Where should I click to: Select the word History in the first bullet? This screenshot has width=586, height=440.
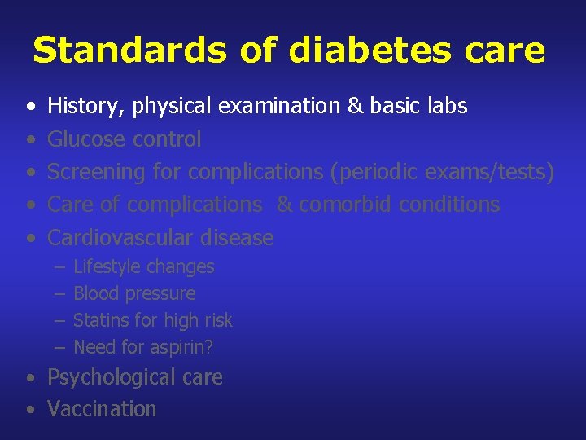click(x=79, y=106)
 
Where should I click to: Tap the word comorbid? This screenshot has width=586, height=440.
click(x=345, y=205)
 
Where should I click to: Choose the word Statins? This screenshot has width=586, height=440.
click(x=98, y=321)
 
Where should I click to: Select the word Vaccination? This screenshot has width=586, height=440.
click(x=102, y=409)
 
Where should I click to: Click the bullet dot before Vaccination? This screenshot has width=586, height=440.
click(x=30, y=410)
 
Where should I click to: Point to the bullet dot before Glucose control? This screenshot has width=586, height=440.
click(x=30, y=140)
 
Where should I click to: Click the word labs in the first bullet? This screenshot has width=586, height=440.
click(x=448, y=106)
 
